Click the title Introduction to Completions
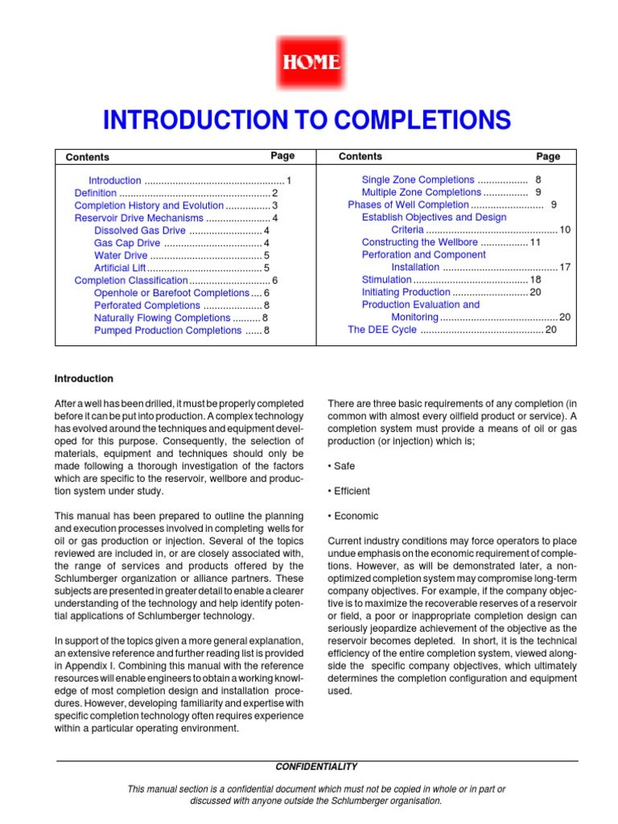pos(307,121)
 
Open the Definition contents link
pos(96,193)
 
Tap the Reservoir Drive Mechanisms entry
pos(139,218)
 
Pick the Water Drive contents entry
pos(121,256)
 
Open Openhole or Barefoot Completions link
pos(171,293)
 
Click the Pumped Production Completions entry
pos(167,331)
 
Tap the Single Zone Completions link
pos(418,180)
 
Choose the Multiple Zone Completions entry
pos(421,193)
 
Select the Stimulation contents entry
pos(386,280)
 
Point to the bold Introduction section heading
pos(84,379)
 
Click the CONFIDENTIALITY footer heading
pos(316,767)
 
